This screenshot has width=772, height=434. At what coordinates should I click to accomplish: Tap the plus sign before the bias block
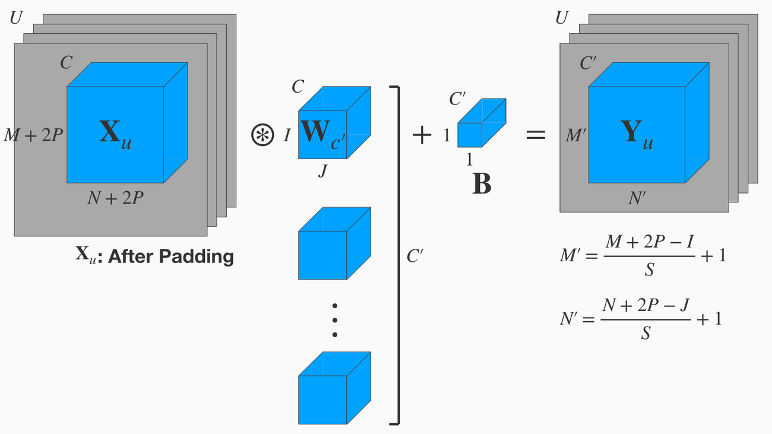coord(422,135)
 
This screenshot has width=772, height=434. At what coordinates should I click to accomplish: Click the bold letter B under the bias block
coord(482,185)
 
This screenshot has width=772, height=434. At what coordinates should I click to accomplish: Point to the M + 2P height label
coord(33,136)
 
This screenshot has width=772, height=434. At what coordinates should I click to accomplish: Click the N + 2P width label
coord(115,198)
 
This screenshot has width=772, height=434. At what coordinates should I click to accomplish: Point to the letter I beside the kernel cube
coord(287,136)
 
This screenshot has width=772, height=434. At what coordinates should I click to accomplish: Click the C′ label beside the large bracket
coord(415,256)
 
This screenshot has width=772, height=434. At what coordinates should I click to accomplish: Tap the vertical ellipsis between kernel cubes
coord(334,321)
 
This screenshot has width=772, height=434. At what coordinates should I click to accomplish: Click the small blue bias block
coord(482,122)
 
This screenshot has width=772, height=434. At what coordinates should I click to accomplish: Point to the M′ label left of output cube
coord(575,136)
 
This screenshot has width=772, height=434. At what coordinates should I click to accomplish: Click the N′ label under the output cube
coord(637,198)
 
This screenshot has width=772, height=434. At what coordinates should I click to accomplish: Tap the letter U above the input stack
coord(16,18)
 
